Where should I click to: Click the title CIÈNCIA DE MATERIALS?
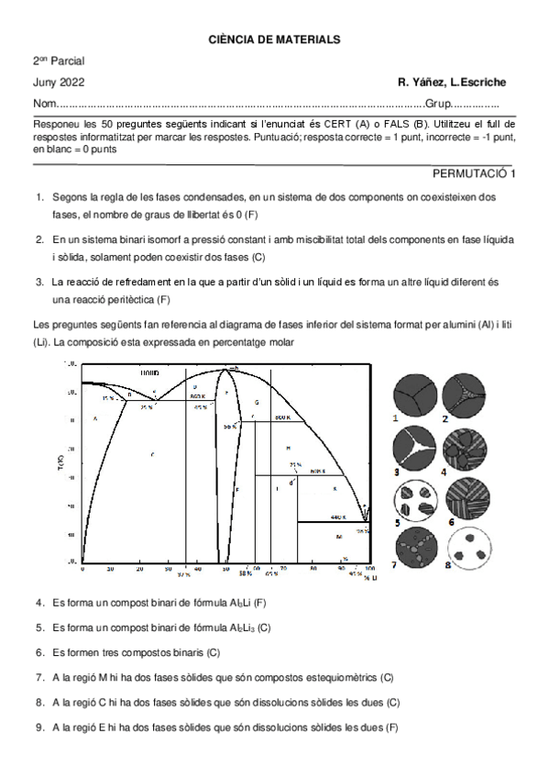click(x=274, y=40)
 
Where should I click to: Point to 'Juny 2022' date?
click(x=58, y=83)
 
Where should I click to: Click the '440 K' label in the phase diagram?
click(x=336, y=517)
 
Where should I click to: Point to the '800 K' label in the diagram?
click(x=281, y=417)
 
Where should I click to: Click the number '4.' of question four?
click(x=40, y=603)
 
